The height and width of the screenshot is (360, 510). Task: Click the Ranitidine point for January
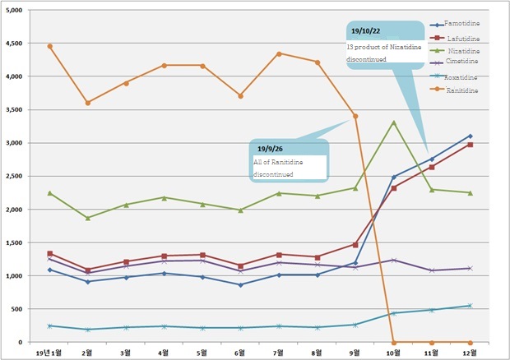(x=50, y=46)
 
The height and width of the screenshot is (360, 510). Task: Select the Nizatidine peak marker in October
(x=394, y=122)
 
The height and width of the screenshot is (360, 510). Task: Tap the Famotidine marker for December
(x=470, y=136)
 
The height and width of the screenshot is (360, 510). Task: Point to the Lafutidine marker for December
(x=470, y=145)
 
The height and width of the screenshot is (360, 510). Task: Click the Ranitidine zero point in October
(x=394, y=342)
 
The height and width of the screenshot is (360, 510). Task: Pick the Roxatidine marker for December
(x=470, y=306)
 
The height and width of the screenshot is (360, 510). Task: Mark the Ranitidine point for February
(x=88, y=103)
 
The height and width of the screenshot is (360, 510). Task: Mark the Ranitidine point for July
(x=279, y=53)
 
